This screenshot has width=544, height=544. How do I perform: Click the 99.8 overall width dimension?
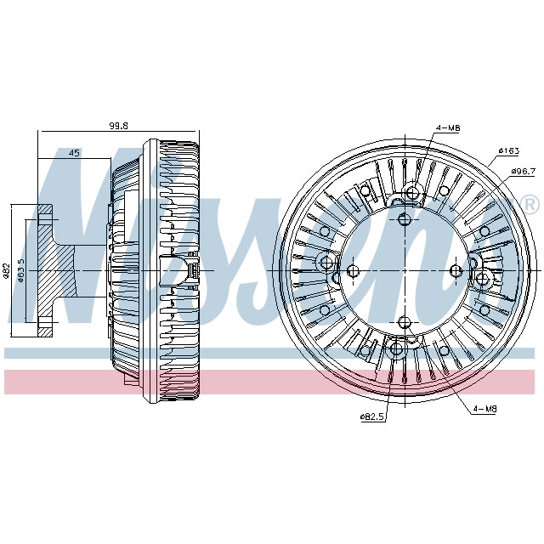118,126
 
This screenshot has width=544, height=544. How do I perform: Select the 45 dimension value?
74,153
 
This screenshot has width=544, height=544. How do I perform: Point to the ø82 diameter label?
7,271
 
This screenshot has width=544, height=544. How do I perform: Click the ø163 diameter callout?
508,151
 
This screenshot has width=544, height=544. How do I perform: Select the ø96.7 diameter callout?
522,172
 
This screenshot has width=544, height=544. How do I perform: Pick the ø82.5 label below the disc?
372,416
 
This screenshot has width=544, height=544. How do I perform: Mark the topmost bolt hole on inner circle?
404,220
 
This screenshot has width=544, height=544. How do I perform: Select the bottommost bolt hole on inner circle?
404,321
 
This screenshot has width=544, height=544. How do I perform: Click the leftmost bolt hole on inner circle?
353,271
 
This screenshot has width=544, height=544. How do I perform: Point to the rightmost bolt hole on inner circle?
455,271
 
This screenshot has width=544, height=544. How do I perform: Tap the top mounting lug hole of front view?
412,193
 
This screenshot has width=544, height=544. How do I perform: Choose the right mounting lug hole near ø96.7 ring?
482,278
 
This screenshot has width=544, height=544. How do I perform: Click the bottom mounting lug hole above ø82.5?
396,348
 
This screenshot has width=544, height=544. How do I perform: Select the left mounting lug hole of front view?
326,262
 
